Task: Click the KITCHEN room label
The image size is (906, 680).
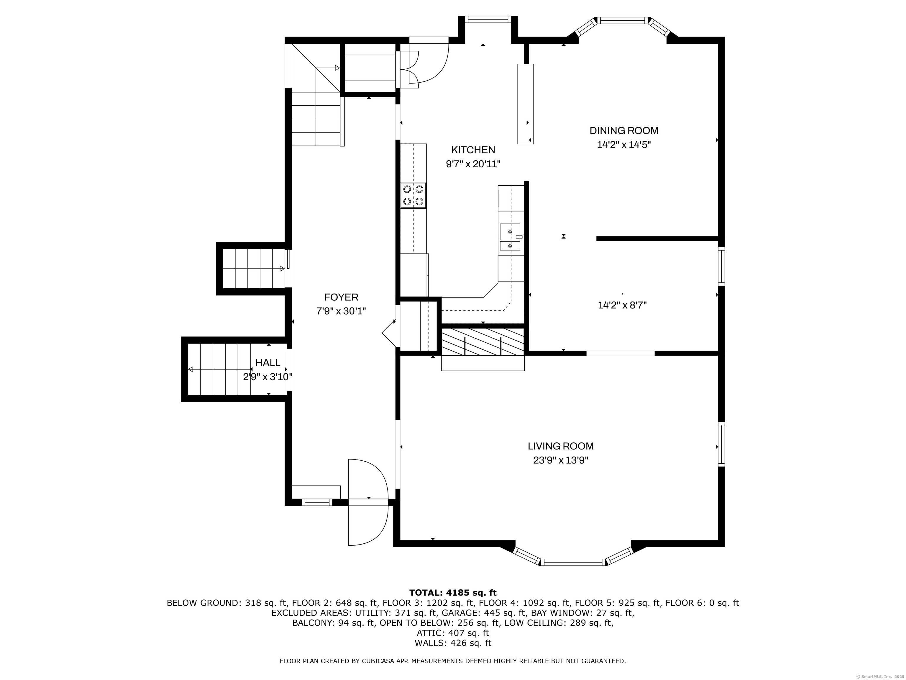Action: [x=473, y=150]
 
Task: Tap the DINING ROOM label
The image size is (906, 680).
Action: [x=624, y=131]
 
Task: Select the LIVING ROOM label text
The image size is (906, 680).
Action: [x=560, y=446]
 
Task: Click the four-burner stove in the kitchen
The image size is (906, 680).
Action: [x=413, y=195]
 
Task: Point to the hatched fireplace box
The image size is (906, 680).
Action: [x=483, y=342]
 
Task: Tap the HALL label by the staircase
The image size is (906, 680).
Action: [x=268, y=363]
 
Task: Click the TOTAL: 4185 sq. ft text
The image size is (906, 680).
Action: [x=453, y=593]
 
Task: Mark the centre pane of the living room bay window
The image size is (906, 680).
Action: [x=573, y=562]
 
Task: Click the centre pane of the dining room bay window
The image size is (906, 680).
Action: [x=623, y=20]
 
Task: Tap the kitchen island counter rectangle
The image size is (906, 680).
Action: [x=526, y=104]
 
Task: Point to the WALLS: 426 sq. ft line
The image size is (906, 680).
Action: [x=453, y=643]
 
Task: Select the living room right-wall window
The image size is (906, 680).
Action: [x=721, y=444]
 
